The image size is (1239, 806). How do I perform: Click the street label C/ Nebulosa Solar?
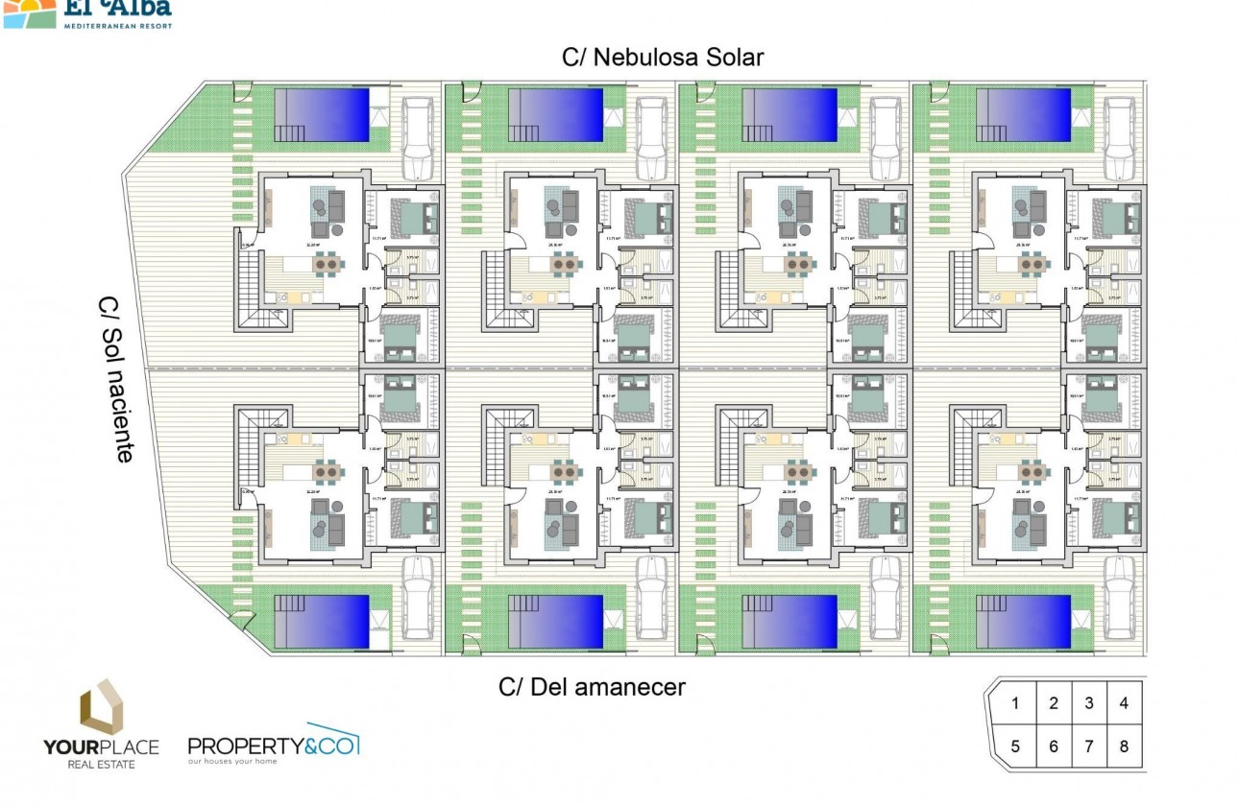663,58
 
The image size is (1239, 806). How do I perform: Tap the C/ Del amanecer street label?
592,687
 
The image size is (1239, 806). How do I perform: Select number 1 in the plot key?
1016,703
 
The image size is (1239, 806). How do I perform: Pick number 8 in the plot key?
1123,747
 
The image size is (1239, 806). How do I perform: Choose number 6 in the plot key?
1054,747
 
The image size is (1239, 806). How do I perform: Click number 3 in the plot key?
1089,703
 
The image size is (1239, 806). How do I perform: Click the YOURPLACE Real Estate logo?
100,724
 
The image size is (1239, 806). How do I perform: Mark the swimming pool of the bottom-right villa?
1023,620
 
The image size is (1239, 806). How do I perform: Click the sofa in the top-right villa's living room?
1040,203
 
